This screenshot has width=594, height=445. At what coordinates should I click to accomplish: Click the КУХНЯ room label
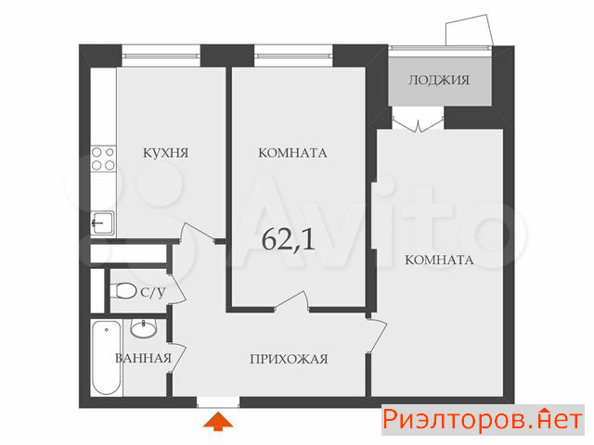(165, 153)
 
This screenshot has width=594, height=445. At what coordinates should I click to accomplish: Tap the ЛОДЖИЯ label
(439, 81)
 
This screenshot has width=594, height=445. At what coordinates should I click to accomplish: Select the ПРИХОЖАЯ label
(289, 359)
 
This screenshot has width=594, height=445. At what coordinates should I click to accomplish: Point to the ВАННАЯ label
(144, 358)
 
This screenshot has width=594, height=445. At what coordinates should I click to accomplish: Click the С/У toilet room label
(153, 292)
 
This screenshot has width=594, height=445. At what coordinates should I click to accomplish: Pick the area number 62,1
(289, 239)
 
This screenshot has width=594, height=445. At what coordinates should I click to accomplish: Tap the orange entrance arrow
(218, 422)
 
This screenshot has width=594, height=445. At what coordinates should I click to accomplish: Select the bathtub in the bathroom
(107, 358)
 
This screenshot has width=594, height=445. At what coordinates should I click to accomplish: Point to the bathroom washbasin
(143, 328)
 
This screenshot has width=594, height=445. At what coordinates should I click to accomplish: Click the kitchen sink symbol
(103, 222)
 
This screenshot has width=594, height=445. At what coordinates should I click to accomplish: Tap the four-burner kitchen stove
(103, 159)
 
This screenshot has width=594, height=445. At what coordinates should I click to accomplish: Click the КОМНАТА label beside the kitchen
(292, 153)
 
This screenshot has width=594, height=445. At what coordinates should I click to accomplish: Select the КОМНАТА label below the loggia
(439, 260)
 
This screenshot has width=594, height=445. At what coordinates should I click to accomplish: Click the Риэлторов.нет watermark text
(483, 420)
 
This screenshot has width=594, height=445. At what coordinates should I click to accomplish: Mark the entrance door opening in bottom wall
(218, 401)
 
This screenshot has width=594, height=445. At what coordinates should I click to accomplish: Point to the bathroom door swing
(177, 359)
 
